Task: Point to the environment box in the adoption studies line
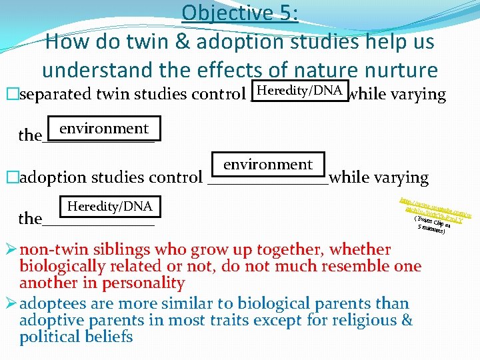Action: [x=268, y=164]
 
